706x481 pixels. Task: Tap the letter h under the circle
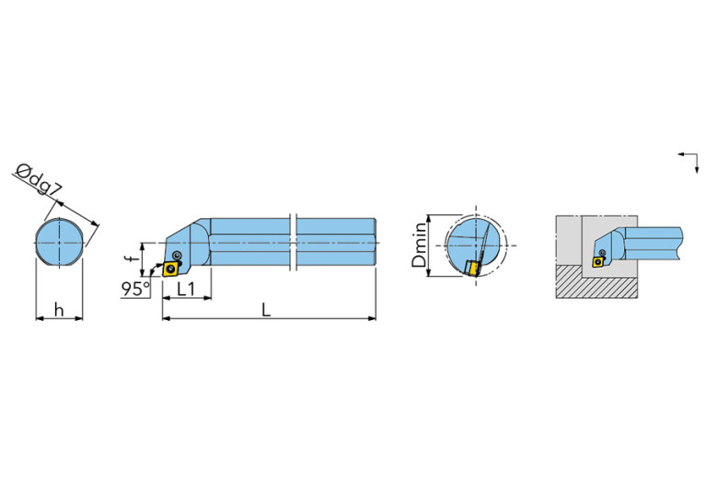pyautogui.click(x=59, y=310)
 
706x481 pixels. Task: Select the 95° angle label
pyautogui.click(x=134, y=289)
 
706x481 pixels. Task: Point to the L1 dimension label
pyautogui.click(x=186, y=289)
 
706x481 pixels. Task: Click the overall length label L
pyautogui.click(x=266, y=310)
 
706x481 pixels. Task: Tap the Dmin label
pyautogui.click(x=421, y=244)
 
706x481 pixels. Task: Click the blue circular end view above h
pyautogui.click(x=59, y=243)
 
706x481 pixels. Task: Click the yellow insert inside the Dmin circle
pyautogui.click(x=472, y=268)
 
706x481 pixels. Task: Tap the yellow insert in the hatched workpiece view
pyautogui.click(x=599, y=261)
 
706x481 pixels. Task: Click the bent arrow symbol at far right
pyautogui.click(x=687, y=160)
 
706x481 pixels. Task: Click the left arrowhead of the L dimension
pyautogui.click(x=166, y=319)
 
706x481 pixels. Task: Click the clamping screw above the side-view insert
pyautogui.click(x=176, y=255)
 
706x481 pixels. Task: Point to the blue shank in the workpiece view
pyautogui.click(x=653, y=243)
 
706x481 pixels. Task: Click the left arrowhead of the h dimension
pyautogui.click(x=39, y=319)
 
